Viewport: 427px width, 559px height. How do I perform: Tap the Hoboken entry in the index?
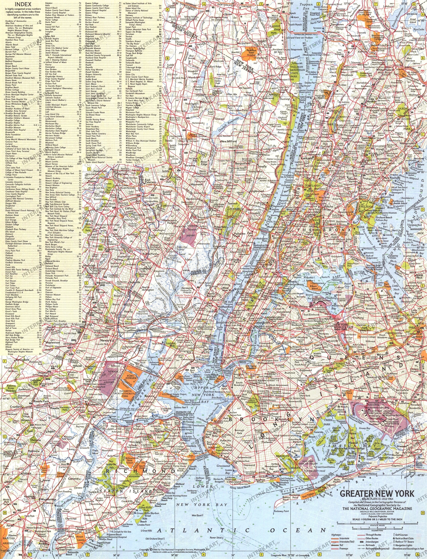pyautogui.click(x=49, y=3)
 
